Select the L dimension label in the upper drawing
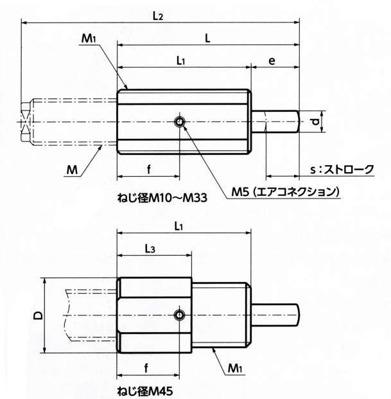coord(207,38)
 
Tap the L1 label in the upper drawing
coord(181,61)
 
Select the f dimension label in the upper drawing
coord(148,170)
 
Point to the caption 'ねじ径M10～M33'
coord(161,199)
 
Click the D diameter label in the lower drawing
coord(39,315)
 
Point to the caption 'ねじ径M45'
coord(144,390)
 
